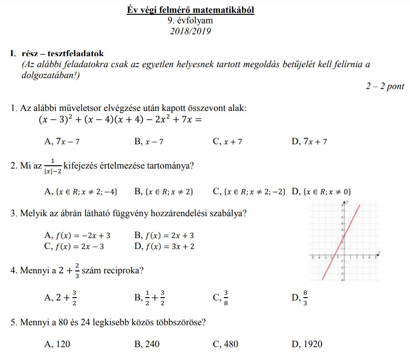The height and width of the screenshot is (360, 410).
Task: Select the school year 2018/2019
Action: [190, 31]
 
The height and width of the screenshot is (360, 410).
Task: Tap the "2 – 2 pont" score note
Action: [385, 86]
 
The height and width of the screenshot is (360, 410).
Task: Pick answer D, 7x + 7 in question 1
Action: [309, 141]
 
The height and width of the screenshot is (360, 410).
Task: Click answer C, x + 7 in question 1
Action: [228, 141]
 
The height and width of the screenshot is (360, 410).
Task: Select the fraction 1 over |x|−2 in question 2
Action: [52, 166]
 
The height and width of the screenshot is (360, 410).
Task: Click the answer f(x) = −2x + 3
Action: [77, 235]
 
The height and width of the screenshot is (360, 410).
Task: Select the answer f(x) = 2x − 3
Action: [77, 246]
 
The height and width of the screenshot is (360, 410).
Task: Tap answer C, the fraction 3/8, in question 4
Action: [221, 298]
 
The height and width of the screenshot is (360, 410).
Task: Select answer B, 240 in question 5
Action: [147, 344]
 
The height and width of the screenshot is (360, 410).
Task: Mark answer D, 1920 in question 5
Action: [307, 344]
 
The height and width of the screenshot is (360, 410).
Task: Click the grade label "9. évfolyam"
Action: [190, 20]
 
